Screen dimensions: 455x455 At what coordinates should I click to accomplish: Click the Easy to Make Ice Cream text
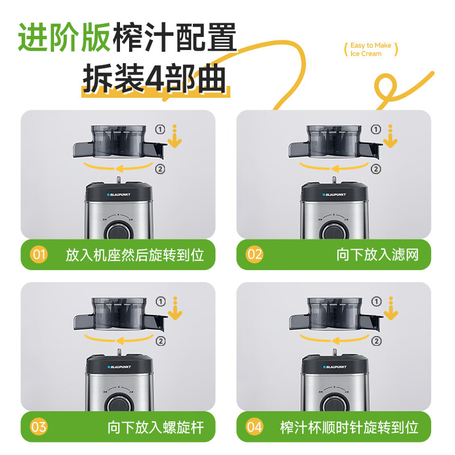click(x=370, y=49)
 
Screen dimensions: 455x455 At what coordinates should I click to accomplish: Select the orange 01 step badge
click(x=39, y=254)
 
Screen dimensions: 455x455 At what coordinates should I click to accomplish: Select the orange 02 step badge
click(x=255, y=254)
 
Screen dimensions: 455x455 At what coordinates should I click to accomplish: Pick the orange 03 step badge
click(x=39, y=427)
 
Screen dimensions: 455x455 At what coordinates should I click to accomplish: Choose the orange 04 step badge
click(x=255, y=427)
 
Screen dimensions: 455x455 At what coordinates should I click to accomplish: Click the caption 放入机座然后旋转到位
click(x=135, y=254)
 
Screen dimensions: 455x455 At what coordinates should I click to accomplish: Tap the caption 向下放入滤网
click(x=377, y=254)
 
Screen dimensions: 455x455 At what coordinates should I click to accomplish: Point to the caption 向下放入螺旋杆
click(x=155, y=427)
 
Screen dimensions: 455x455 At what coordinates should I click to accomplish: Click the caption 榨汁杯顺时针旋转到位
click(x=349, y=427)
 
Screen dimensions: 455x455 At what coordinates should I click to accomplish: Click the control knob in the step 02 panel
click(x=330, y=231)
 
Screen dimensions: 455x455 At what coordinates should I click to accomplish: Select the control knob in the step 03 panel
click(x=116, y=403)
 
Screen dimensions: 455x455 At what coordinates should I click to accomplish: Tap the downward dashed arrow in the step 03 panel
click(x=175, y=308)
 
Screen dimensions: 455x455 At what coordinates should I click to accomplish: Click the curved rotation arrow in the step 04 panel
click(x=333, y=340)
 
